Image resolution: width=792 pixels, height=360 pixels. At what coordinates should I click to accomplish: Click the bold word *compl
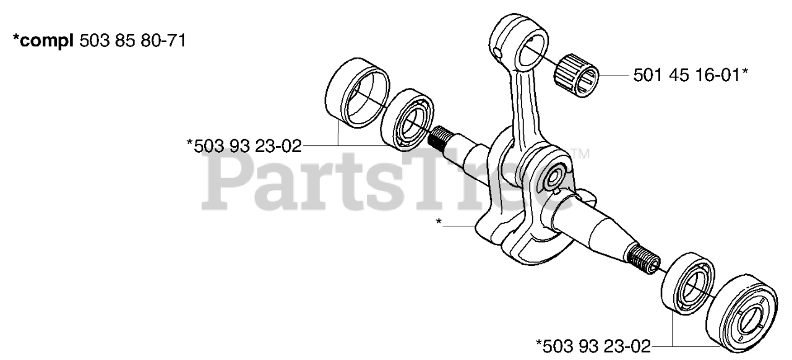(x=43, y=41)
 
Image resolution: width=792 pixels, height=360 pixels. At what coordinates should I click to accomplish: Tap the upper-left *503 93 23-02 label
(x=244, y=146)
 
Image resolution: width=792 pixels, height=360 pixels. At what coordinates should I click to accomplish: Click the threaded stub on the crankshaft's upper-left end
(x=439, y=137)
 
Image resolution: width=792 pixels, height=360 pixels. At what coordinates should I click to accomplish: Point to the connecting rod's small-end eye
(x=523, y=44)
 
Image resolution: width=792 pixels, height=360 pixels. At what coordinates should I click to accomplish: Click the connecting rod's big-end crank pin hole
(x=553, y=178)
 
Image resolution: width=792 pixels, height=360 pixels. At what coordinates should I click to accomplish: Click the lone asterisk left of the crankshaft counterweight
(x=439, y=222)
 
